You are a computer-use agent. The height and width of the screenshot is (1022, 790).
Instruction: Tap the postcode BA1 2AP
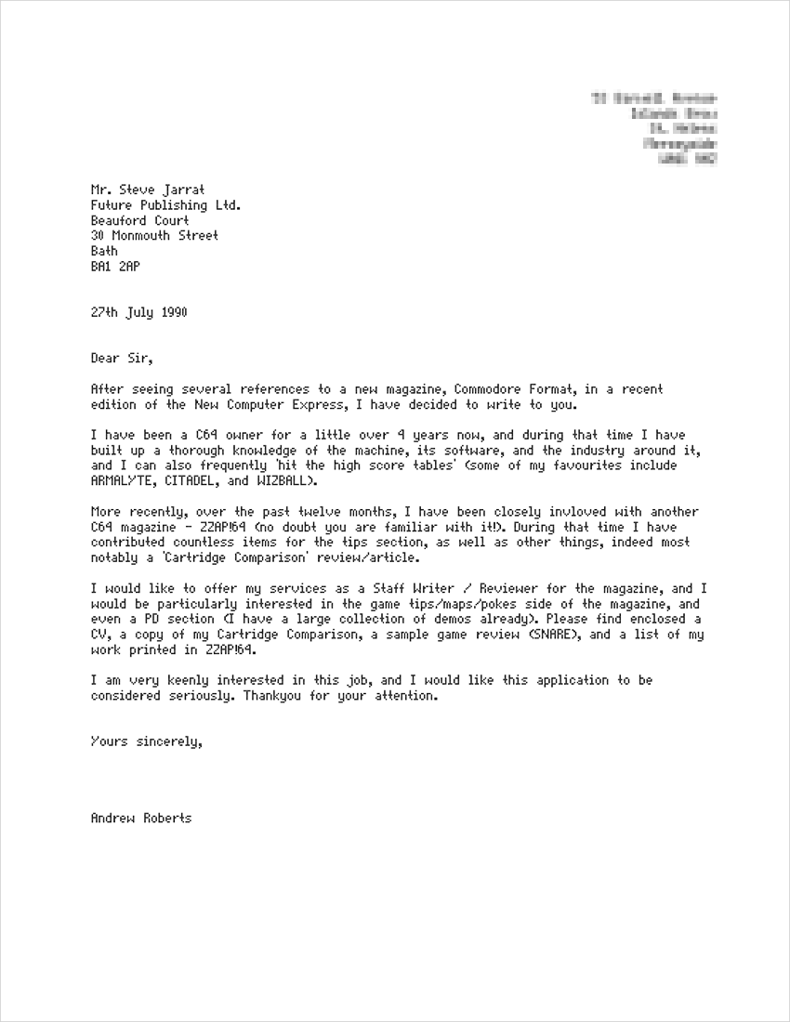115,266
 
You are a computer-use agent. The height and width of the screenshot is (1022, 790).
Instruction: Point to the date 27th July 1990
138,312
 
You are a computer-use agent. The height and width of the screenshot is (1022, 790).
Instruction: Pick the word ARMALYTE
120,480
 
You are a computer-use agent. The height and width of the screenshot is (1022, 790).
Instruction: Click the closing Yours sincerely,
146,741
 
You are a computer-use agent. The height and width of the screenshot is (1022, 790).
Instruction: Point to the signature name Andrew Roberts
141,819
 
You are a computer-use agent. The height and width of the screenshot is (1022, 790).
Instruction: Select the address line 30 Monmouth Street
154,236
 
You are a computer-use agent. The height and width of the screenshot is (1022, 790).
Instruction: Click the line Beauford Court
139,221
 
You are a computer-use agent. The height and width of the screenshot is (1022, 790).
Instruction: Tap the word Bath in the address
104,251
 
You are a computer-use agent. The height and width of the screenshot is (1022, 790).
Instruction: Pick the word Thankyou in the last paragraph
273,695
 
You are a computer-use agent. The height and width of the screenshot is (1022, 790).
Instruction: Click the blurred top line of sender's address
654,98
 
